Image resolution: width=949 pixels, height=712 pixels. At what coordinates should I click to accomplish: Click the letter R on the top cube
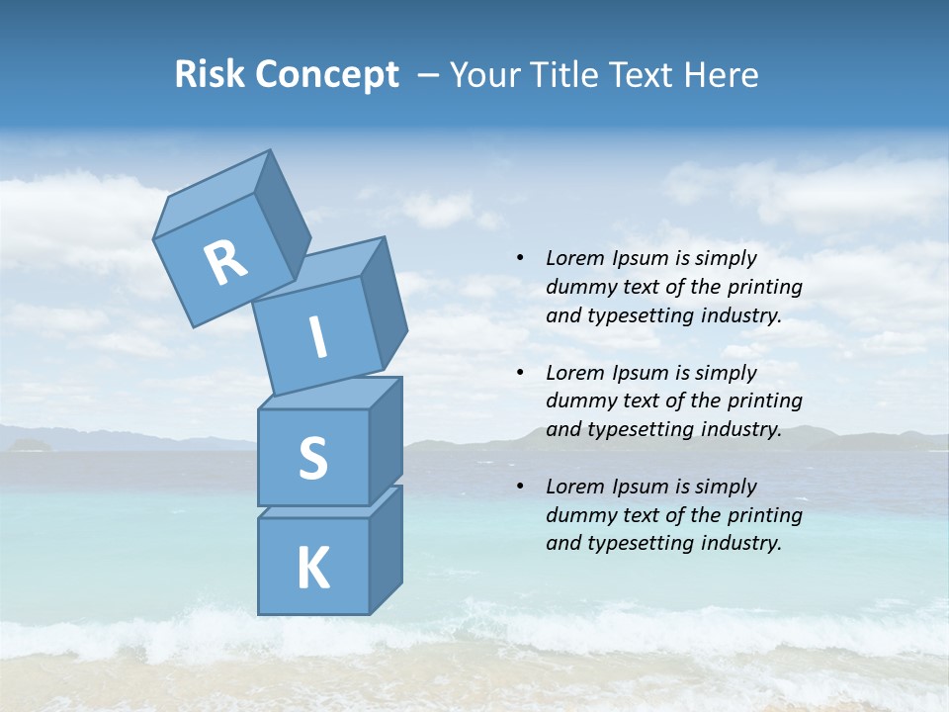pyautogui.click(x=225, y=262)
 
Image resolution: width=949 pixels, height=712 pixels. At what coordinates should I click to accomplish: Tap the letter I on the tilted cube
pyautogui.click(x=317, y=338)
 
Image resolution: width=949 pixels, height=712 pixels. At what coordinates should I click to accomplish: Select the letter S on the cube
pyautogui.click(x=312, y=459)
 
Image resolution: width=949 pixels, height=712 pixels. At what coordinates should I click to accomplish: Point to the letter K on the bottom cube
pyautogui.click(x=312, y=569)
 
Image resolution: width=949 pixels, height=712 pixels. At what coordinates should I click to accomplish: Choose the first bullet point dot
pyautogui.click(x=520, y=259)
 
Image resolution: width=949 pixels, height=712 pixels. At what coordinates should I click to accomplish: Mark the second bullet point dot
pyautogui.click(x=520, y=373)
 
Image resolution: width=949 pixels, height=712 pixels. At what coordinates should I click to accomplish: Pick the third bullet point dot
pyautogui.click(x=520, y=487)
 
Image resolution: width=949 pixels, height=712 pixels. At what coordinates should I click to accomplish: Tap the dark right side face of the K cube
pyautogui.click(x=386, y=549)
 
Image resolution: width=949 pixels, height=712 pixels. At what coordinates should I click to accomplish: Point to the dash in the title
pyautogui.click(x=429, y=76)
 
